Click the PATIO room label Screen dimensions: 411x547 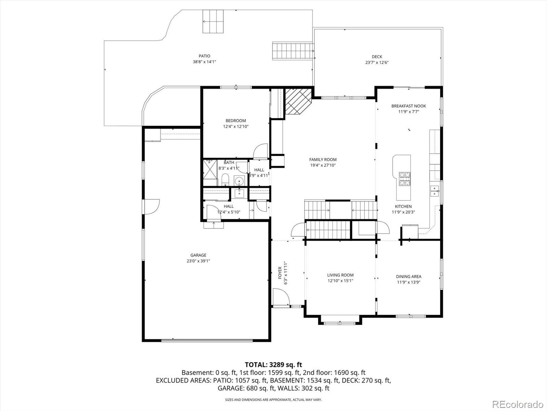coord(204,56)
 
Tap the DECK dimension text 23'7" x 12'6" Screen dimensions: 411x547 coord(377,62)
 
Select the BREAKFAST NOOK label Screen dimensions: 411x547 coord(409,106)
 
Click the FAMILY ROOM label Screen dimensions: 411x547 coord(323,159)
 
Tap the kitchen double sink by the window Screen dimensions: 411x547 coord(435,191)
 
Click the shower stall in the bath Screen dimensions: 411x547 coord(210,170)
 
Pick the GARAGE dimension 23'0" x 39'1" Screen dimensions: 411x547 coord(198,261)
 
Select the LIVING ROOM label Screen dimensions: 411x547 coord(340,275)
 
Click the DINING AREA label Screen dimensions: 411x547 coord(409,276)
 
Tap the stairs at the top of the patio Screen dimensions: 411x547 coord(213,21)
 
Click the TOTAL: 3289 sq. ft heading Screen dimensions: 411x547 coord(273,364)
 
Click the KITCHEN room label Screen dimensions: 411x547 coord(403,206)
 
